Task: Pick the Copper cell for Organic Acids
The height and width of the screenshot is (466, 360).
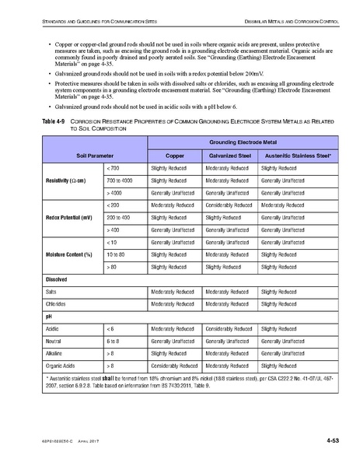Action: point(173,365)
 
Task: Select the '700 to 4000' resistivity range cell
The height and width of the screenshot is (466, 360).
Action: point(120,180)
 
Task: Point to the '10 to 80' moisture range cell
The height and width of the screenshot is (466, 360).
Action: point(116,254)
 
